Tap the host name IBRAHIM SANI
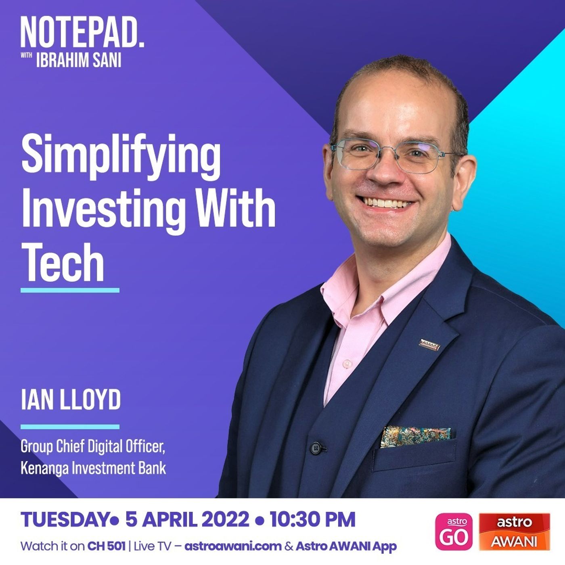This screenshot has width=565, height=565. (79, 60)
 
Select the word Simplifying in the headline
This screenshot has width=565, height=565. (121, 157)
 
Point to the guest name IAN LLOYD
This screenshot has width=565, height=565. (71, 400)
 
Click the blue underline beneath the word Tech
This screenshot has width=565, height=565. (70, 290)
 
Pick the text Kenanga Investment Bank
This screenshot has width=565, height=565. (93, 468)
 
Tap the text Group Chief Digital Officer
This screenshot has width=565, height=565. (93, 446)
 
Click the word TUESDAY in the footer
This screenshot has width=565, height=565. (64, 519)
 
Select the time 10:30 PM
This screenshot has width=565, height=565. (312, 519)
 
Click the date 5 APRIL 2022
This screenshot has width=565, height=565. (187, 519)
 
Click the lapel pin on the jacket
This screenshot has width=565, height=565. (429, 345)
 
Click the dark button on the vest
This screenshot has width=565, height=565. (316, 448)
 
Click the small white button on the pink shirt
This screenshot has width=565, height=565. (347, 363)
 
